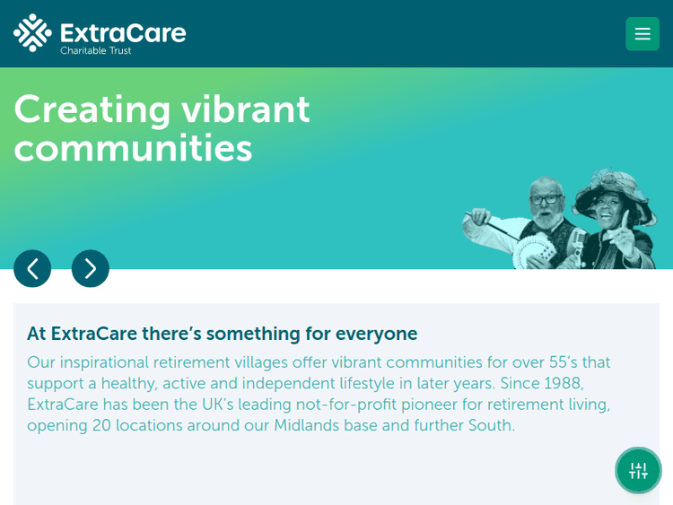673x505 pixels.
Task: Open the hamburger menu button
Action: click(x=642, y=34)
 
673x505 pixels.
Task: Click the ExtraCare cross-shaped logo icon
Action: click(x=32, y=32)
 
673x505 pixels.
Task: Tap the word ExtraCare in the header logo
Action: click(x=123, y=32)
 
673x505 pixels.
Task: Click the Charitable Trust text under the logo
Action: click(x=96, y=51)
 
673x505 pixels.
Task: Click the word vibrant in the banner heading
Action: click(x=245, y=109)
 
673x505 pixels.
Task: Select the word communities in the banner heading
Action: click(x=133, y=148)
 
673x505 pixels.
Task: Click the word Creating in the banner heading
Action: click(x=92, y=109)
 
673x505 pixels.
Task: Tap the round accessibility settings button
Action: click(x=638, y=470)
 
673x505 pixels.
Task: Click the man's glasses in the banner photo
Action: click(x=546, y=199)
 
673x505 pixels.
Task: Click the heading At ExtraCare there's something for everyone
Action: click(x=222, y=334)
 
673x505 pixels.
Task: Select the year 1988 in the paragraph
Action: click(x=563, y=383)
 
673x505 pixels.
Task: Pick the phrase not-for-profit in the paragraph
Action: click(x=345, y=405)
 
